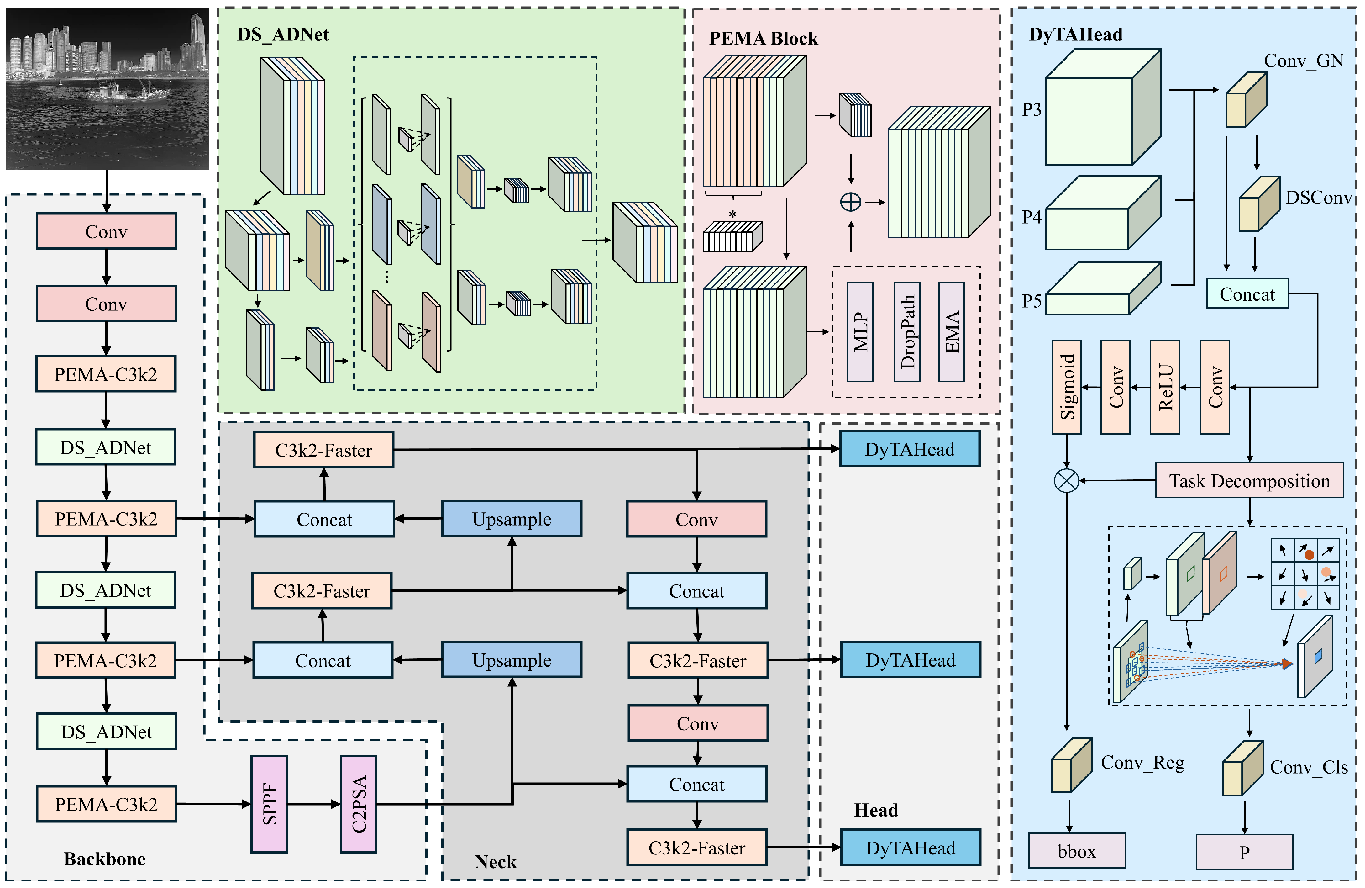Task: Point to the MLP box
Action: point(860,331)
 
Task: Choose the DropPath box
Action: point(907,331)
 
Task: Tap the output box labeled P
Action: point(1244,852)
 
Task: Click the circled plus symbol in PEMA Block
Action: point(851,202)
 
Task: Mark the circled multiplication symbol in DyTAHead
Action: point(1066,481)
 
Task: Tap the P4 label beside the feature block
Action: point(1031,217)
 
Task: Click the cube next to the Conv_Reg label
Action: point(1071,765)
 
